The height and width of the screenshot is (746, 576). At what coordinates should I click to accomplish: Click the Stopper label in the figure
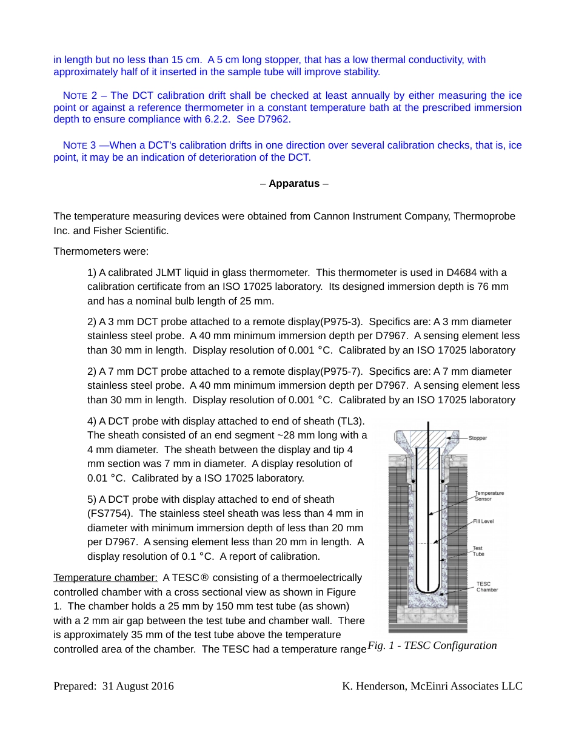click(478, 438)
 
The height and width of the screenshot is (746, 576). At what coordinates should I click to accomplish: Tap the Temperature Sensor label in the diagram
click(489, 496)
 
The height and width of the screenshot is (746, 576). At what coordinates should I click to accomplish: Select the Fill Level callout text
click(483, 522)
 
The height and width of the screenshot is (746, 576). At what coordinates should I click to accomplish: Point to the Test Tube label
click(478, 551)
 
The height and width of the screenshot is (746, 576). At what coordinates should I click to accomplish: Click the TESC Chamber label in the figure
click(487, 586)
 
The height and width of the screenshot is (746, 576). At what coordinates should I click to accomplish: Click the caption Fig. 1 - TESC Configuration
click(432, 645)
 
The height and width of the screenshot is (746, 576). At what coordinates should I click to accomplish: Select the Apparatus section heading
click(294, 183)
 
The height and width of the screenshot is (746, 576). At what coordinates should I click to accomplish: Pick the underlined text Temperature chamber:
click(105, 577)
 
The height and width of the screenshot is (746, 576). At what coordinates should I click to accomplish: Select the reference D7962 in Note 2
click(276, 119)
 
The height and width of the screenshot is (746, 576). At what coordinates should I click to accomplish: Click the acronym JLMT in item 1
click(167, 272)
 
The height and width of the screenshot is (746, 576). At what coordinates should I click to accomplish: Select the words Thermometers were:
click(101, 251)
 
